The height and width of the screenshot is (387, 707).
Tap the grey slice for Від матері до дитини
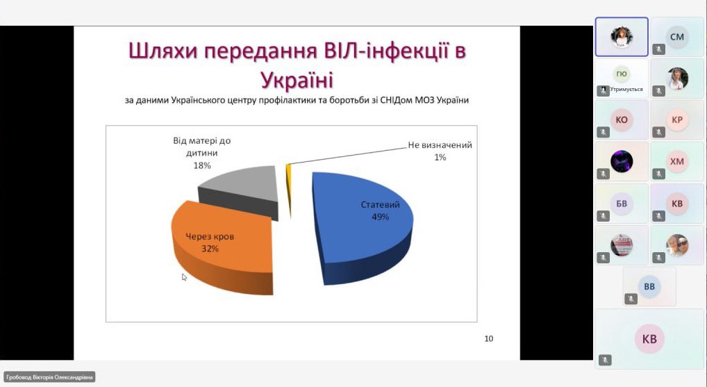click(x=244, y=190)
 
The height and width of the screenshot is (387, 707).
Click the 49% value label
click(x=380, y=217)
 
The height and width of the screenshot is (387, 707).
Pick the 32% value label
click(x=210, y=249)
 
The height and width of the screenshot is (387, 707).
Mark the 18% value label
click(x=202, y=165)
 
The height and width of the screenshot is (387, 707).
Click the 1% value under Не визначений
click(x=440, y=158)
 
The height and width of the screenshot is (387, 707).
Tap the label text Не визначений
click(x=440, y=145)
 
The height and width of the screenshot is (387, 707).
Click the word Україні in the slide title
click(x=297, y=81)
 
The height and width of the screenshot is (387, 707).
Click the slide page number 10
click(x=489, y=339)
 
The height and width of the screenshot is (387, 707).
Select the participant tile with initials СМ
click(x=677, y=37)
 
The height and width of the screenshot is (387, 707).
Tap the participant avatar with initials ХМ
click(x=677, y=161)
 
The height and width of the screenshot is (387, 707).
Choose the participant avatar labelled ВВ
click(x=649, y=286)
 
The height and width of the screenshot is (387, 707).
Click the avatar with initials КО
click(x=622, y=120)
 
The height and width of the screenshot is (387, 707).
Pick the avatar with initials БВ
click(x=622, y=204)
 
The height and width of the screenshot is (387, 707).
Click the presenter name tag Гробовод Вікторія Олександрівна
click(x=49, y=377)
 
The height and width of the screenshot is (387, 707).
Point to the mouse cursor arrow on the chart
click(x=184, y=277)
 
